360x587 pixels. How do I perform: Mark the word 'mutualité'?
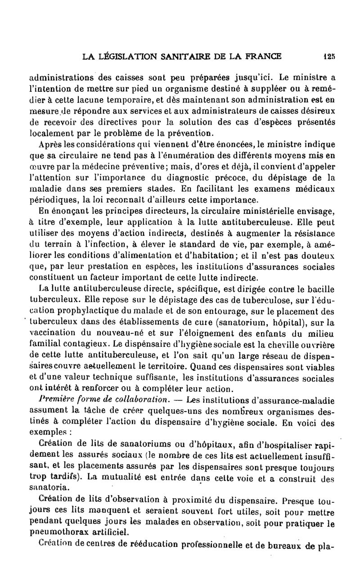click(116, 465)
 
